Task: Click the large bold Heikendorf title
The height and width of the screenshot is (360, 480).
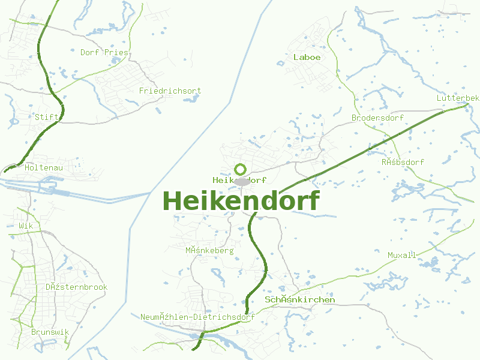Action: point(241,201)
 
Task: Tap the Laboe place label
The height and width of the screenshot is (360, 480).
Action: point(307,57)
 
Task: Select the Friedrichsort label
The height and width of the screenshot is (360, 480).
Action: point(170,91)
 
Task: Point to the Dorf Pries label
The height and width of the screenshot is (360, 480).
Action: point(104,52)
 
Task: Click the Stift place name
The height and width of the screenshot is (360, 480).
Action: point(46,117)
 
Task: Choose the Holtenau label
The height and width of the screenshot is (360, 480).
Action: point(43,168)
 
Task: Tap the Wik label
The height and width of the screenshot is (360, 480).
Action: point(25,226)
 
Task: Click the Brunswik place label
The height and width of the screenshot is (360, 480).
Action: point(50,332)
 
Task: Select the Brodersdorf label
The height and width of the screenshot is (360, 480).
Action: point(377,118)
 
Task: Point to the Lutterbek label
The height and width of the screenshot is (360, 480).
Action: point(458,98)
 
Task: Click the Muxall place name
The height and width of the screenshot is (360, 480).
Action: point(401,255)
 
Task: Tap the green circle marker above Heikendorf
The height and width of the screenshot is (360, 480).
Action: point(241,170)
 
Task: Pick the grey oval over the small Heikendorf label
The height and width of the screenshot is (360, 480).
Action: point(241,181)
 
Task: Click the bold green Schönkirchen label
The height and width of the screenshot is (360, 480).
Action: point(299,299)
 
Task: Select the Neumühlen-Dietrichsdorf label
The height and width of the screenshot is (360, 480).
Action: point(197,317)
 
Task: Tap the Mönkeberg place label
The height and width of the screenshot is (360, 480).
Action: point(209,250)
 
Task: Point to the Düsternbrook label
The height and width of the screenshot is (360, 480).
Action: point(76,287)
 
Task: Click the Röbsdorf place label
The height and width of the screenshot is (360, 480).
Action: point(403,162)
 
